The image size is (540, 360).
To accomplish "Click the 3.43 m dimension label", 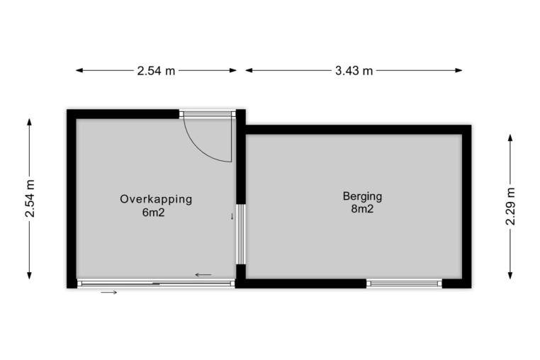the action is click(x=354, y=71).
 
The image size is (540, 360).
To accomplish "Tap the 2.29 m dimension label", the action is click(x=510, y=206).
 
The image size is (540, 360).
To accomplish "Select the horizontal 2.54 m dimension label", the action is click(x=156, y=71).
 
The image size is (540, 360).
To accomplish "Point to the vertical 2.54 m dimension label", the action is click(x=30, y=198).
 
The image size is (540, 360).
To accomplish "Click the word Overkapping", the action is click(x=156, y=199).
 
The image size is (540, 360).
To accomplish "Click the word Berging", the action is click(x=362, y=197).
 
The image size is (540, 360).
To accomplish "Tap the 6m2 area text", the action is click(x=153, y=213).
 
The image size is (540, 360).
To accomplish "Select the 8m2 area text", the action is click(x=362, y=209).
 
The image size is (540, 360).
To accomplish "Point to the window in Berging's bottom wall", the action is click(x=404, y=283).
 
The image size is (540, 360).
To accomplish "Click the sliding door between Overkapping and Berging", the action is click(x=241, y=235).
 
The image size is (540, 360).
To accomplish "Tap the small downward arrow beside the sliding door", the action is click(x=232, y=216).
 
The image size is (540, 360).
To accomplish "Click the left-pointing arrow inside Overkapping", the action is click(x=203, y=274).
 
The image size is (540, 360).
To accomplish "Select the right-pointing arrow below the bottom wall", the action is click(x=109, y=293).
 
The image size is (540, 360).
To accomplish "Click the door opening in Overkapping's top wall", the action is click(x=208, y=114).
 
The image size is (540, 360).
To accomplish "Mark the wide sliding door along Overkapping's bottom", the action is click(x=156, y=283).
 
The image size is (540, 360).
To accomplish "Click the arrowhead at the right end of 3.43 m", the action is click(x=459, y=71).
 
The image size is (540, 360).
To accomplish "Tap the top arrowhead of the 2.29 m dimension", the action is click(x=510, y=137).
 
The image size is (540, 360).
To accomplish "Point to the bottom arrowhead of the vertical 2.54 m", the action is click(x=30, y=275).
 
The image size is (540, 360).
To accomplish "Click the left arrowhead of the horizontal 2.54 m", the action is click(x=79, y=71).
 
